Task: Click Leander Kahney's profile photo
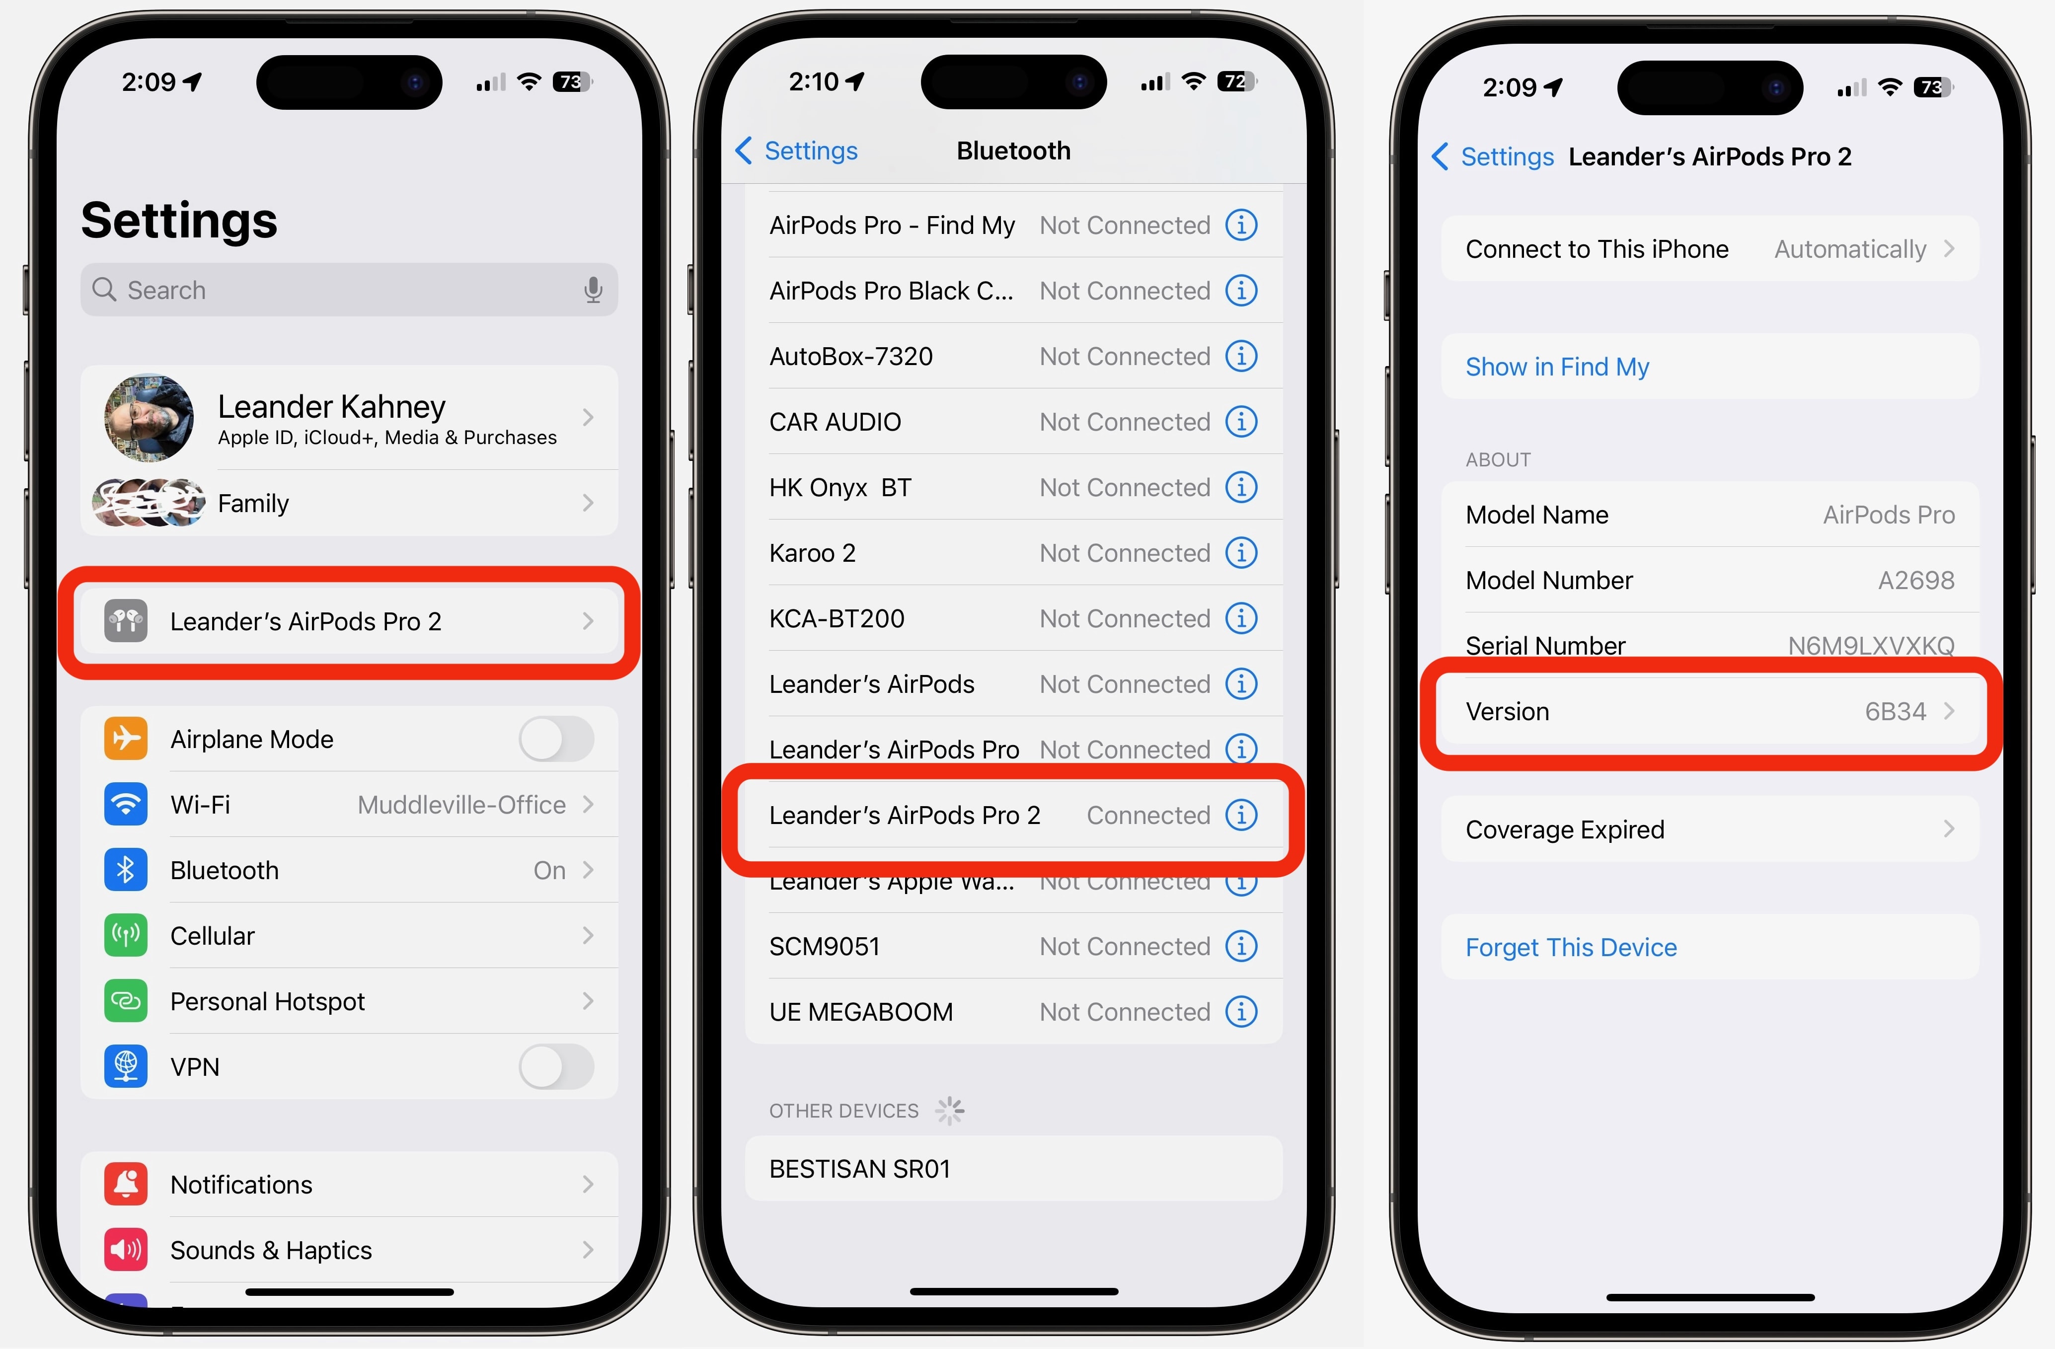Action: pyautogui.click(x=149, y=418)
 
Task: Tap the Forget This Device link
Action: pyautogui.click(x=1571, y=948)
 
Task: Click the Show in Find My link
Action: pyautogui.click(x=1557, y=367)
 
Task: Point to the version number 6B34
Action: pyautogui.click(x=1895, y=711)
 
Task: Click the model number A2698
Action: pyautogui.click(x=1916, y=580)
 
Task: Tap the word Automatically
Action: pyautogui.click(x=1849, y=249)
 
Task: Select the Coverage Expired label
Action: pyautogui.click(x=1565, y=829)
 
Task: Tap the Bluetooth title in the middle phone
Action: pyautogui.click(x=1013, y=151)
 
